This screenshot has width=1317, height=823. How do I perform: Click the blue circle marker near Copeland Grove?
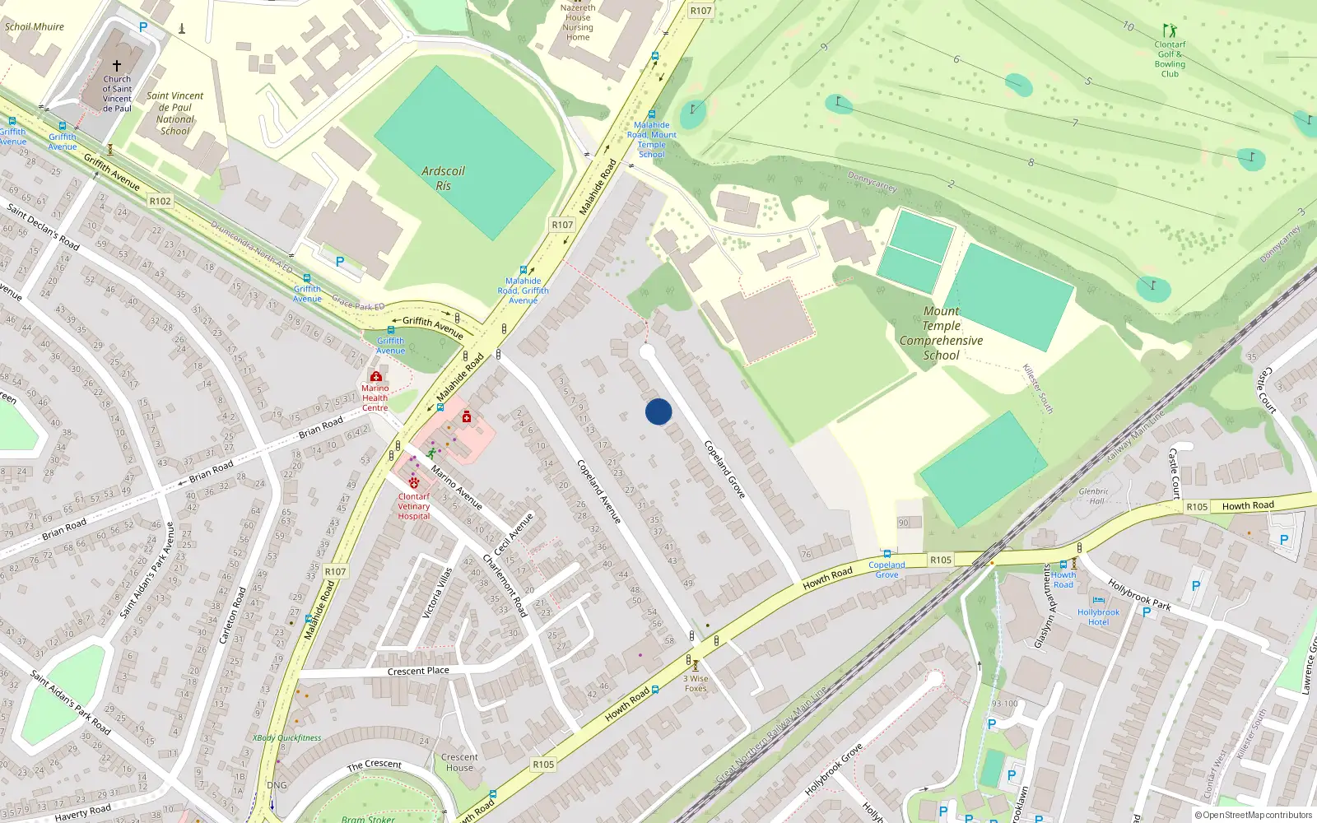(x=658, y=411)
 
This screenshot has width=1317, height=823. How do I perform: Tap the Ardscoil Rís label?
(x=443, y=178)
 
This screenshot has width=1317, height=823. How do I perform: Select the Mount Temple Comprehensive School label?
(x=941, y=333)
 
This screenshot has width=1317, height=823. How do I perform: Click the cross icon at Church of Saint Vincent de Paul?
(x=117, y=66)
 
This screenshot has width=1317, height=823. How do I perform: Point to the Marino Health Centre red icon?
(x=376, y=376)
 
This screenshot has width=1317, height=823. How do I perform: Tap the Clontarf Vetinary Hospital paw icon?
(x=414, y=483)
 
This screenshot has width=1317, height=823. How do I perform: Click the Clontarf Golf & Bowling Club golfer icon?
(x=1170, y=31)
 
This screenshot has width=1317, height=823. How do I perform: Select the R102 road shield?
(x=160, y=201)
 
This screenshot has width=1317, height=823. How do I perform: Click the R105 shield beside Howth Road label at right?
(x=1197, y=507)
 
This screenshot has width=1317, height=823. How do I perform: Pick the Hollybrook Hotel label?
(x=1098, y=616)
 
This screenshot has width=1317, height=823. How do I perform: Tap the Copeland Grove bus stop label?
(x=887, y=570)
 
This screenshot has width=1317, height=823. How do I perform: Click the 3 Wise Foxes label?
(x=696, y=684)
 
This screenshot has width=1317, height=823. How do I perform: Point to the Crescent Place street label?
(x=418, y=671)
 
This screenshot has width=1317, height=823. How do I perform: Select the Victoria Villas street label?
(x=437, y=593)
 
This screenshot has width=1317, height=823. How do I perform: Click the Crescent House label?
(x=459, y=762)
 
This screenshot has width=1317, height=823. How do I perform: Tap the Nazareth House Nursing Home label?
(x=578, y=22)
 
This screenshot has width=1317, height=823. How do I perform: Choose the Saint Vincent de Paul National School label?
(x=175, y=113)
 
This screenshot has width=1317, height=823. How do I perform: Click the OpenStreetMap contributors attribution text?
(x=1254, y=815)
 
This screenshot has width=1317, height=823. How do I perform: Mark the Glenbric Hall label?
(x=1093, y=495)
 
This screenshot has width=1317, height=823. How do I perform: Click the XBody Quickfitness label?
(x=286, y=738)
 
